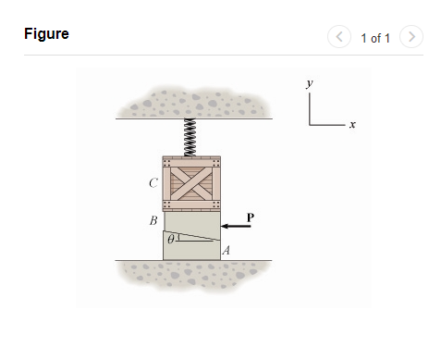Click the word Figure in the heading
(x=46, y=34)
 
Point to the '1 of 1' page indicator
(x=374, y=38)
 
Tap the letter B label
(x=153, y=221)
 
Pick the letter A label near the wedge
(x=227, y=250)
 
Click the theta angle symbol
(x=170, y=239)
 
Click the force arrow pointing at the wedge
(x=237, y=227)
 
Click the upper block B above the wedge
(x=192, y=220)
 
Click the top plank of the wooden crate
(x=192, y=159)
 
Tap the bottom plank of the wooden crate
(x=192, y=205)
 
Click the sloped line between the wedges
(x=192, y=236)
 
